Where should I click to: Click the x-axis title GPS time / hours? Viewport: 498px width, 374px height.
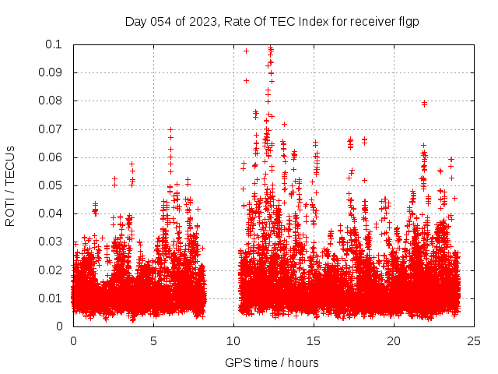pos(272,362)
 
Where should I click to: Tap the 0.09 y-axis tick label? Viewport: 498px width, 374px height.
pos(54,72)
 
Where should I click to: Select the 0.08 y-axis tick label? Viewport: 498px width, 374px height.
pos(54,101)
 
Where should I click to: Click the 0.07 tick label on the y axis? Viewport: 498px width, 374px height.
pos(54,129)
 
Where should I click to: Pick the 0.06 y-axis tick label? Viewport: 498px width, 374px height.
pos(54,157)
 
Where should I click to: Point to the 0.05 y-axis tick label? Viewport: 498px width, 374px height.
pos(54,185)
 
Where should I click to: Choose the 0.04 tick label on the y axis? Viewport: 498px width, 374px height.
pos(54,213)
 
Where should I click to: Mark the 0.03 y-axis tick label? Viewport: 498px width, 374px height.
pos(54,242)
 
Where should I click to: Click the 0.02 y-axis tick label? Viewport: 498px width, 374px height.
pos(54,270)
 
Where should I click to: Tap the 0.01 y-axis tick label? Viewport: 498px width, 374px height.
pos(54,298)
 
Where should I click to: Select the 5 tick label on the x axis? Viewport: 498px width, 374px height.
pos(153,341)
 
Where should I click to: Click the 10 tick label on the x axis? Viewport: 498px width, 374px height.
pos(233,341)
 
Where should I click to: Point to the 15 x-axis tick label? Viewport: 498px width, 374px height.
pos(314,341)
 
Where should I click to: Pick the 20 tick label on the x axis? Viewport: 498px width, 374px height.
pos(394,341)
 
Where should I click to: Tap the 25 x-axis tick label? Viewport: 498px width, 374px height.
pos(474,341)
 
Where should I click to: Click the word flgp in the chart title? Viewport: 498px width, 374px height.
pos(409,21)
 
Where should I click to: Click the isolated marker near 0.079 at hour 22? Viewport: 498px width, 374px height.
pos(424,103)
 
